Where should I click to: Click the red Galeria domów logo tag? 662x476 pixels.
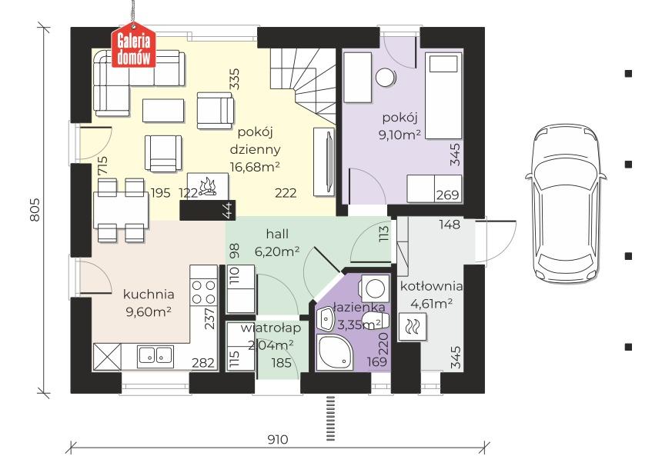click(133, 48)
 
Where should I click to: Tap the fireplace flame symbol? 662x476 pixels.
click(208, 187)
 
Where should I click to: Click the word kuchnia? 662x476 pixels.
click(149, 294)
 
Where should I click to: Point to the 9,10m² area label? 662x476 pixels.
click(400, 135)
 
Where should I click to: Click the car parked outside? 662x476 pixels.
click(566, 204)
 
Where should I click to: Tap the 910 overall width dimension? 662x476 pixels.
click(278, 439)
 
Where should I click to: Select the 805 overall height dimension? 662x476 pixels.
click(35, 209)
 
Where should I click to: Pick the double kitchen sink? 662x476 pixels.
click(155, 355)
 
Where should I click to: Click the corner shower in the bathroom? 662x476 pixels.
click(335, 352)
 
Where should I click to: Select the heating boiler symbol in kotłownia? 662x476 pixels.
click(412, 327)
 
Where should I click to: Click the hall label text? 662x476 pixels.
click(277, 234)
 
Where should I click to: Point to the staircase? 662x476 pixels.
click(303, 85)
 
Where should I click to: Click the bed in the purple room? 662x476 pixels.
click(443, 95)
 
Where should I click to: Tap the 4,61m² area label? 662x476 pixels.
click(432, 303)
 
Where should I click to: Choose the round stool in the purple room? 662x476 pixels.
click(386, 78)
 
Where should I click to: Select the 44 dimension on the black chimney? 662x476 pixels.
click(228, 211)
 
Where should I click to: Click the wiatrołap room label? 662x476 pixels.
click(271, 328)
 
